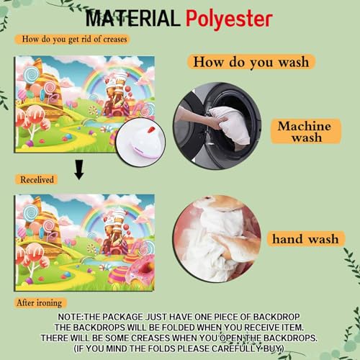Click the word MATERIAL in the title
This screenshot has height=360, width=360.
pyautogui.click(x=132, y=18)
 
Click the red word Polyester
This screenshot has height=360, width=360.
pyautogui.click(x=229, y=19)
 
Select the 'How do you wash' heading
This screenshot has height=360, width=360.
pyautogui.click(x=251, y=62)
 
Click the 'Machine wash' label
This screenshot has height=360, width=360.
pyautogui.click(x=306, y=131)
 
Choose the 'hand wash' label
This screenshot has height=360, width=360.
pyautogui.click(x=305, y=239)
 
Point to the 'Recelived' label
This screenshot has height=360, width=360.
pyautogui.click(x=37, y=179)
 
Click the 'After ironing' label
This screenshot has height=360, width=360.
pyautogui.click(x=40, y=303)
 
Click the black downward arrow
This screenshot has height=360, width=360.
pyautogui.click(x=79, y=170)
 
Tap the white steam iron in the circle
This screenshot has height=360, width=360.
pyautogui.click(x=140, y=142)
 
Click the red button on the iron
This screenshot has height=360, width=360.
pyautogui.click(x=151, y=130)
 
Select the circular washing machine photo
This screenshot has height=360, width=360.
pyautogui.click(x=217, y=125)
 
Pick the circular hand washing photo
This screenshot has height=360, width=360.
pyautogui.click(x=217, y=239)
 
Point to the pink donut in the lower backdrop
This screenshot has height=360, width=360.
pyautogui.click(x=142, y=268)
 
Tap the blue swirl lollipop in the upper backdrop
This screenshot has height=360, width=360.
pyautogui.click(x=32, y=74)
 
